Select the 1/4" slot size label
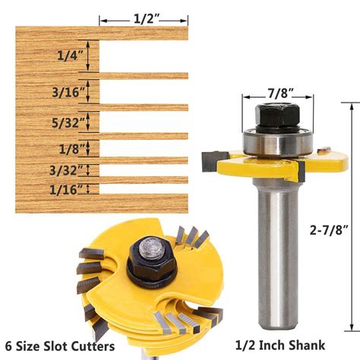point(72,55)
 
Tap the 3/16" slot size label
point(72,92)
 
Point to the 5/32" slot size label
point(71,120)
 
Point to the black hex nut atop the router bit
point(276,116)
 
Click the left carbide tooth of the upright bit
point(212,160)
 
